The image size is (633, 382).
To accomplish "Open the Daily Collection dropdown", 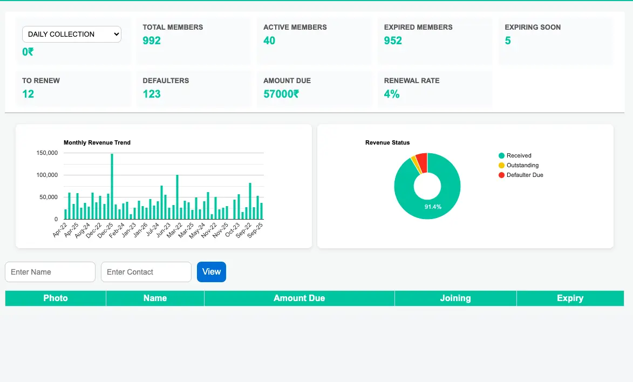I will click(x=71, y=34).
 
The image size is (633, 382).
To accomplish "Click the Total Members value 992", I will click(x=152, y=40).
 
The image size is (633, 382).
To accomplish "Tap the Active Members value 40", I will click(x=269, y=40).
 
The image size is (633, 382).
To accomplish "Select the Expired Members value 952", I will click(x=393, y=40).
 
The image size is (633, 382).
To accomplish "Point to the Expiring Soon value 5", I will click(x=508, y=40).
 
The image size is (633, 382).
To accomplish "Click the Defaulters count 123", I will click(x=152, y=94).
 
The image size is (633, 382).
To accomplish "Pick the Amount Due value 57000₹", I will click(x=281, y=94).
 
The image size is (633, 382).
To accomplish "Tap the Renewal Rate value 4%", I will click(x=392, y=94).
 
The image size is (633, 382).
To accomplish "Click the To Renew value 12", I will click(x=28, y=94).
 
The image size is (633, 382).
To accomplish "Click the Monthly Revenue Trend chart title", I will click(x=97, y=142).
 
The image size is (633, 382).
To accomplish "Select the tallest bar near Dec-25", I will click(x=112, y=186).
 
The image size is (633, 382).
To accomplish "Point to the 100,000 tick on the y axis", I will click(x=47, y=175).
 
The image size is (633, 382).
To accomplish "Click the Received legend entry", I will click(x=519, y=155).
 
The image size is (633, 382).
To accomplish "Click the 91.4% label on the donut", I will click(x=433, y=207).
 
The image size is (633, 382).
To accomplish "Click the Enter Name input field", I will click(x=50, y=272).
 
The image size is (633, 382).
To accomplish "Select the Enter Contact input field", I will click(x=146, y=272).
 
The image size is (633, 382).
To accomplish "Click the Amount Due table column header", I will click(x=299, y=298).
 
